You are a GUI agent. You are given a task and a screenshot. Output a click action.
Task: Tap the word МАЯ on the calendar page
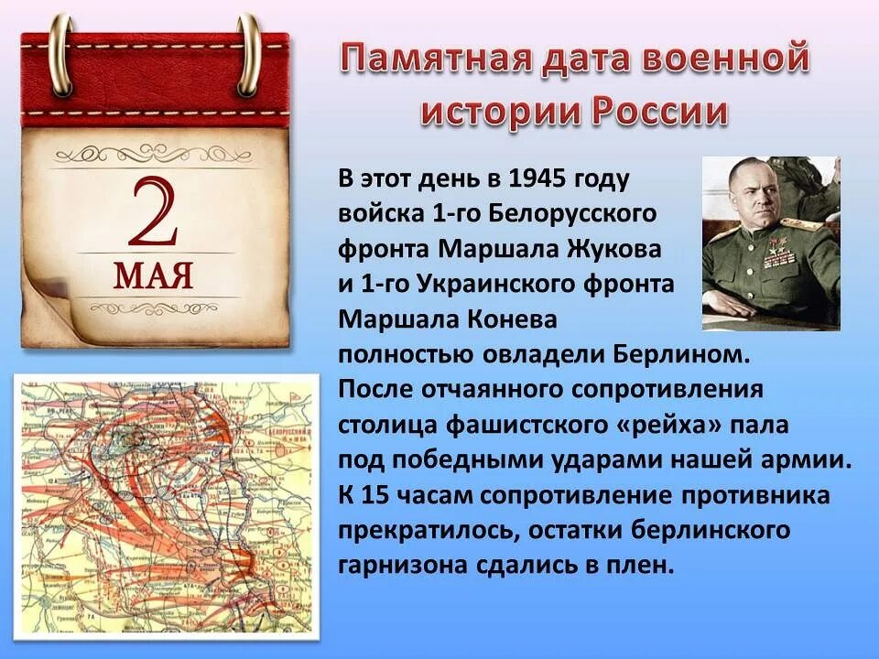click(153, 274)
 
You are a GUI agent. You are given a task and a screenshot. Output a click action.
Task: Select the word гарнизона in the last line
click(402, 566)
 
